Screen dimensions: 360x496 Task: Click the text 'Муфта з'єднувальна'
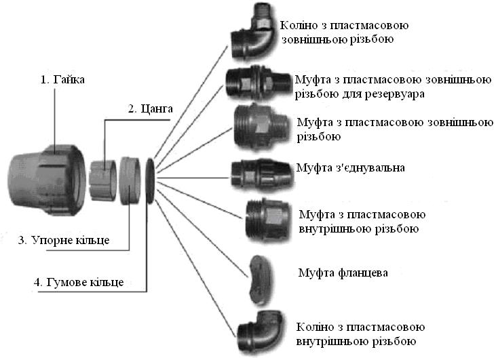351,167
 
